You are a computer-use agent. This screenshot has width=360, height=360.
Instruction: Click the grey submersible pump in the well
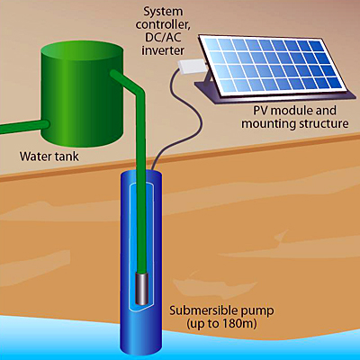[x=142, y=288]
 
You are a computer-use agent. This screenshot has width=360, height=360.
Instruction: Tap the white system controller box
[x=193, y=66]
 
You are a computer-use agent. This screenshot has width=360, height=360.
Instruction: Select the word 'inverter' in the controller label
[x=163, y=49]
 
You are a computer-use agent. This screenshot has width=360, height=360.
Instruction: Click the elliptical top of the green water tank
[x=82, y=53]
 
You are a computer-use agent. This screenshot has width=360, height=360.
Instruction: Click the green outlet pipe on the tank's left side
[x=24, y=127]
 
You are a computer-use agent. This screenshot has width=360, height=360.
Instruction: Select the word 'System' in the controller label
[x=163, y=12]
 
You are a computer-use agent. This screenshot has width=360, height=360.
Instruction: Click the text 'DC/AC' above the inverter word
[x=162, y=37]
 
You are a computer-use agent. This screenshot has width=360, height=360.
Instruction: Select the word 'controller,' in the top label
[x=163, y=24]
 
